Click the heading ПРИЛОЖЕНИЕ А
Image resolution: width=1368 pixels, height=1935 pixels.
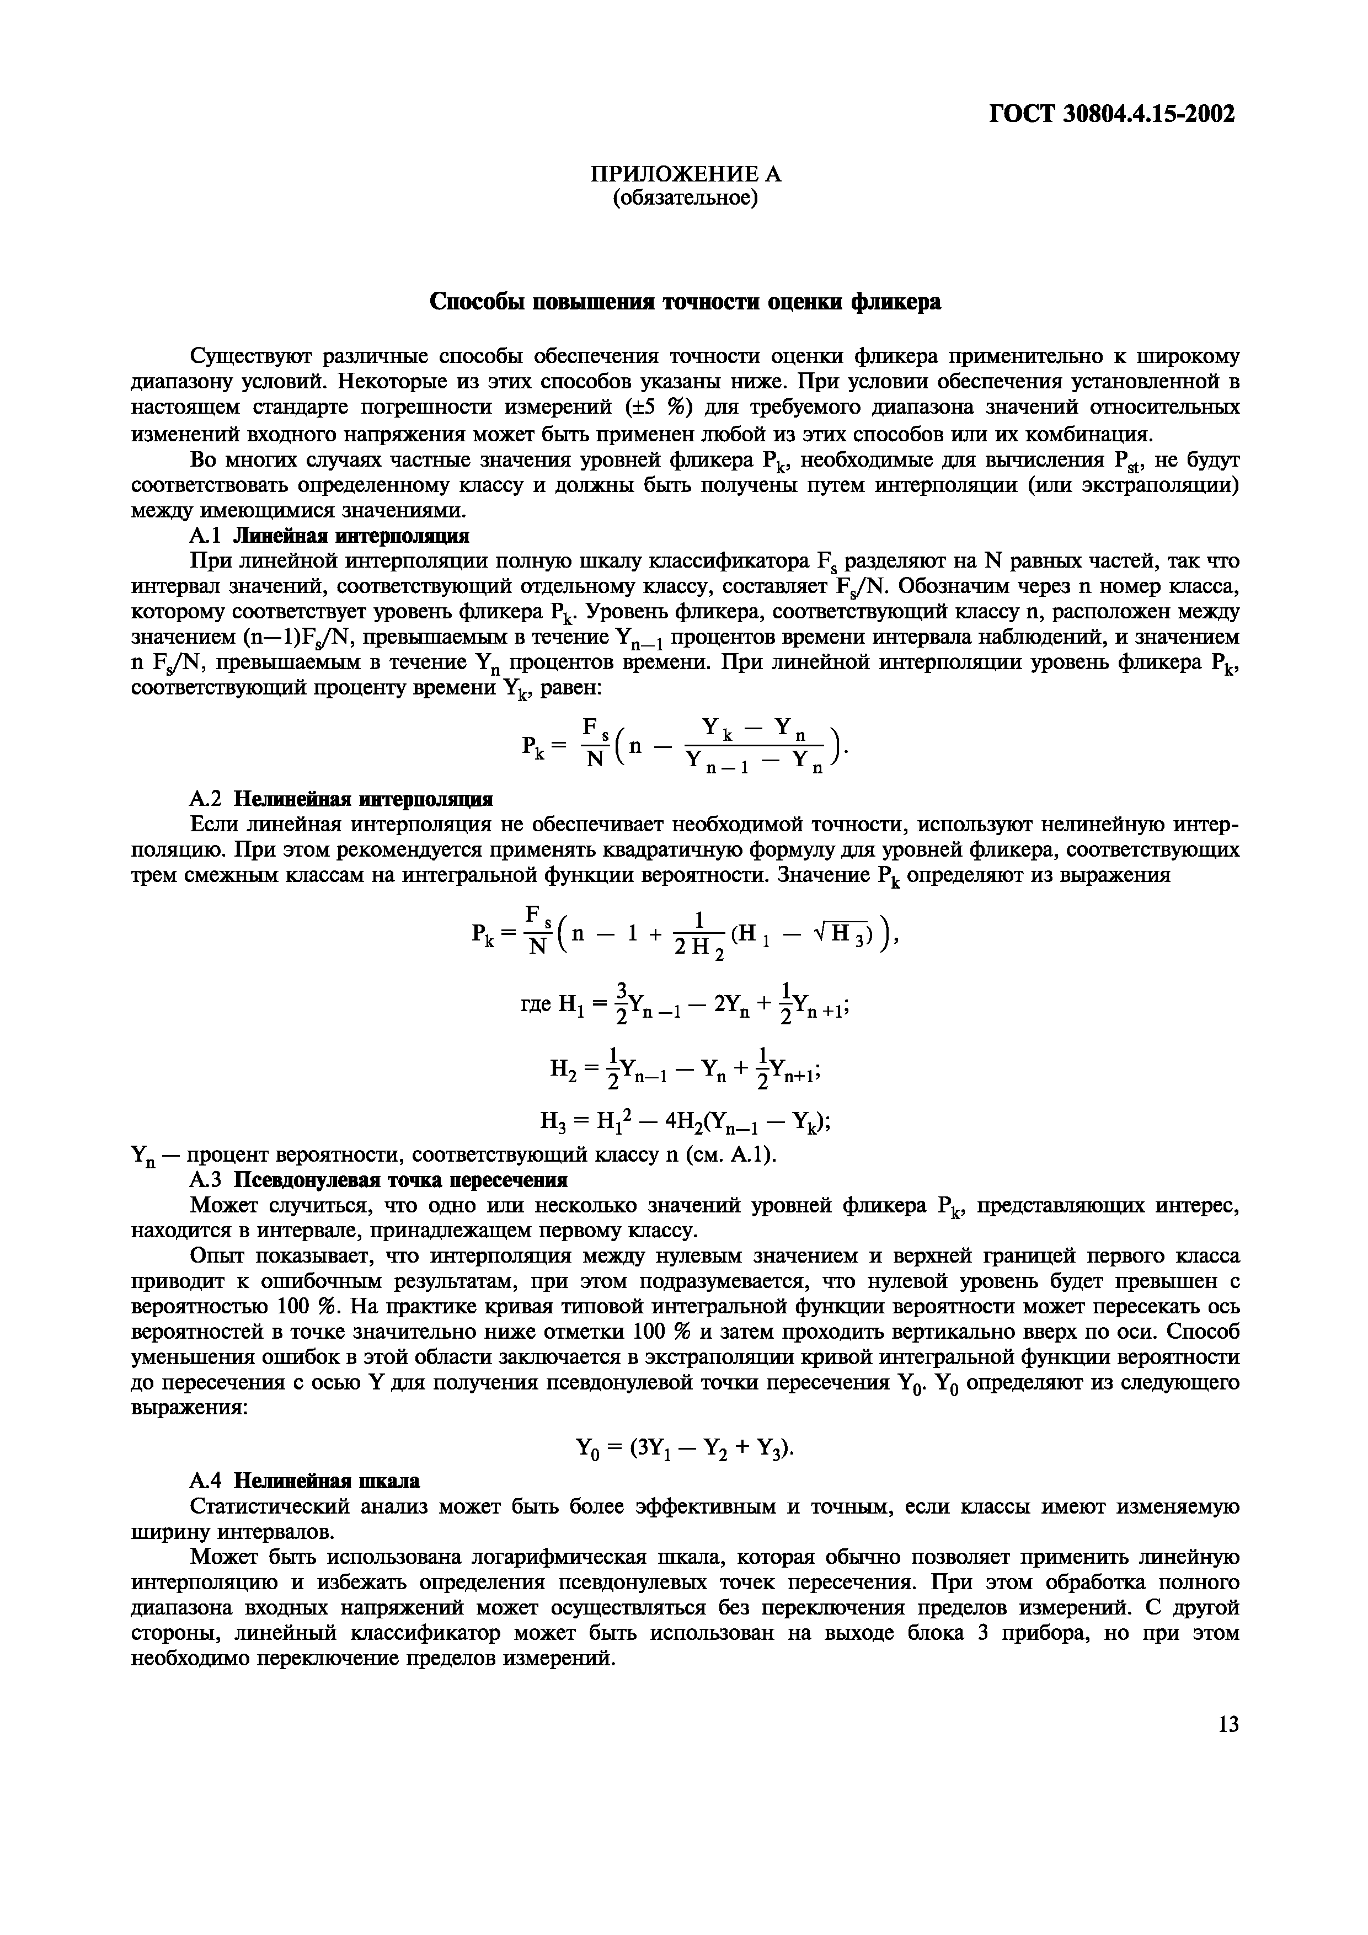click(x=685, y=174)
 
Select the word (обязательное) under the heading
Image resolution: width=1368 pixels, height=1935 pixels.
click(x=685, y=197)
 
